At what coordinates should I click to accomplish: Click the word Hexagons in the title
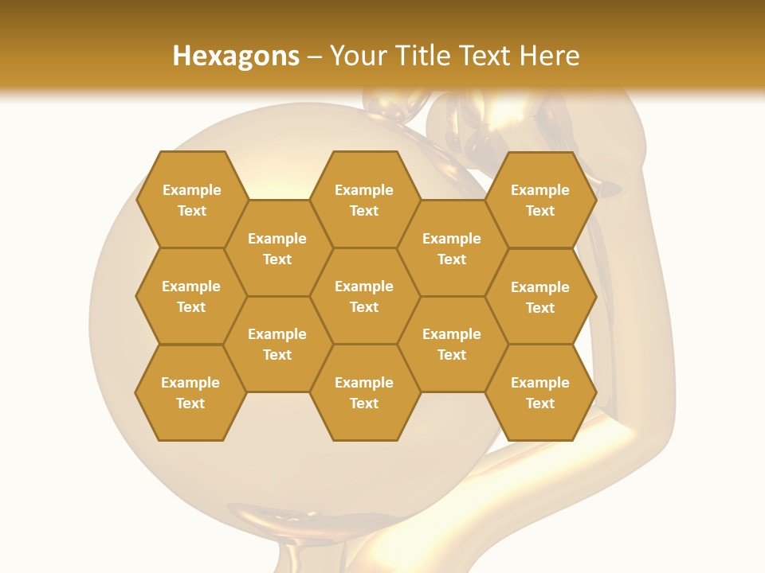pos(236,56)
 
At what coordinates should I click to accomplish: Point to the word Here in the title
pos(550,56)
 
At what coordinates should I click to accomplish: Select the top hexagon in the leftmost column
pos(192,200)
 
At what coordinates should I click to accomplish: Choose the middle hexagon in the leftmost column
pos(191,296)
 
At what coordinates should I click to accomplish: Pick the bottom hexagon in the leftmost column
pos(190,392)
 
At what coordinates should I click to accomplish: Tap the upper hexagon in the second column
pos(277,248)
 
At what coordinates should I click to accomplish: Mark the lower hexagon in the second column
pos(277,344)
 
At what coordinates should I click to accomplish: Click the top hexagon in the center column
pos(364,200)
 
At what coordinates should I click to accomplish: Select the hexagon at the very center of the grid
pos(364,296)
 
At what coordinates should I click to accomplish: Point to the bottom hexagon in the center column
pos(364,392)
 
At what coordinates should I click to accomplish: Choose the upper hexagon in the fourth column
pos(452,248)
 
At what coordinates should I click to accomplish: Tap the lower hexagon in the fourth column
pos(452,344)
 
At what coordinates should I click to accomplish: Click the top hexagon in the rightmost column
pos(540,200)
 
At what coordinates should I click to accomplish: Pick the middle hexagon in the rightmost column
pos(540,297)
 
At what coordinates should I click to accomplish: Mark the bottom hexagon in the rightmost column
pos(540,392)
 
